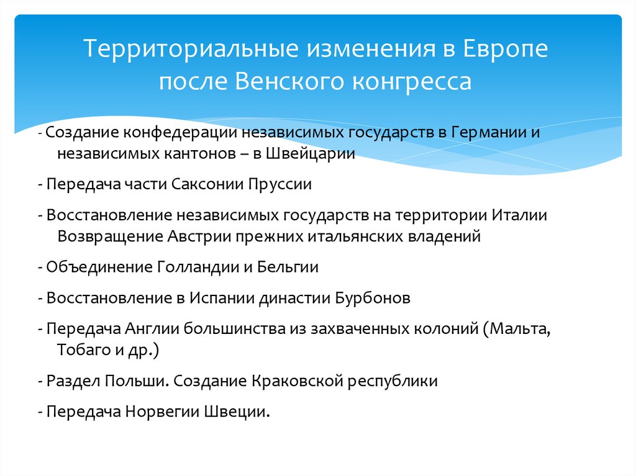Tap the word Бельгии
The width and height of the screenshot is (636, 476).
click(289, 267)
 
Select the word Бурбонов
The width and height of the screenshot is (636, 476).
click(373, 298)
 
